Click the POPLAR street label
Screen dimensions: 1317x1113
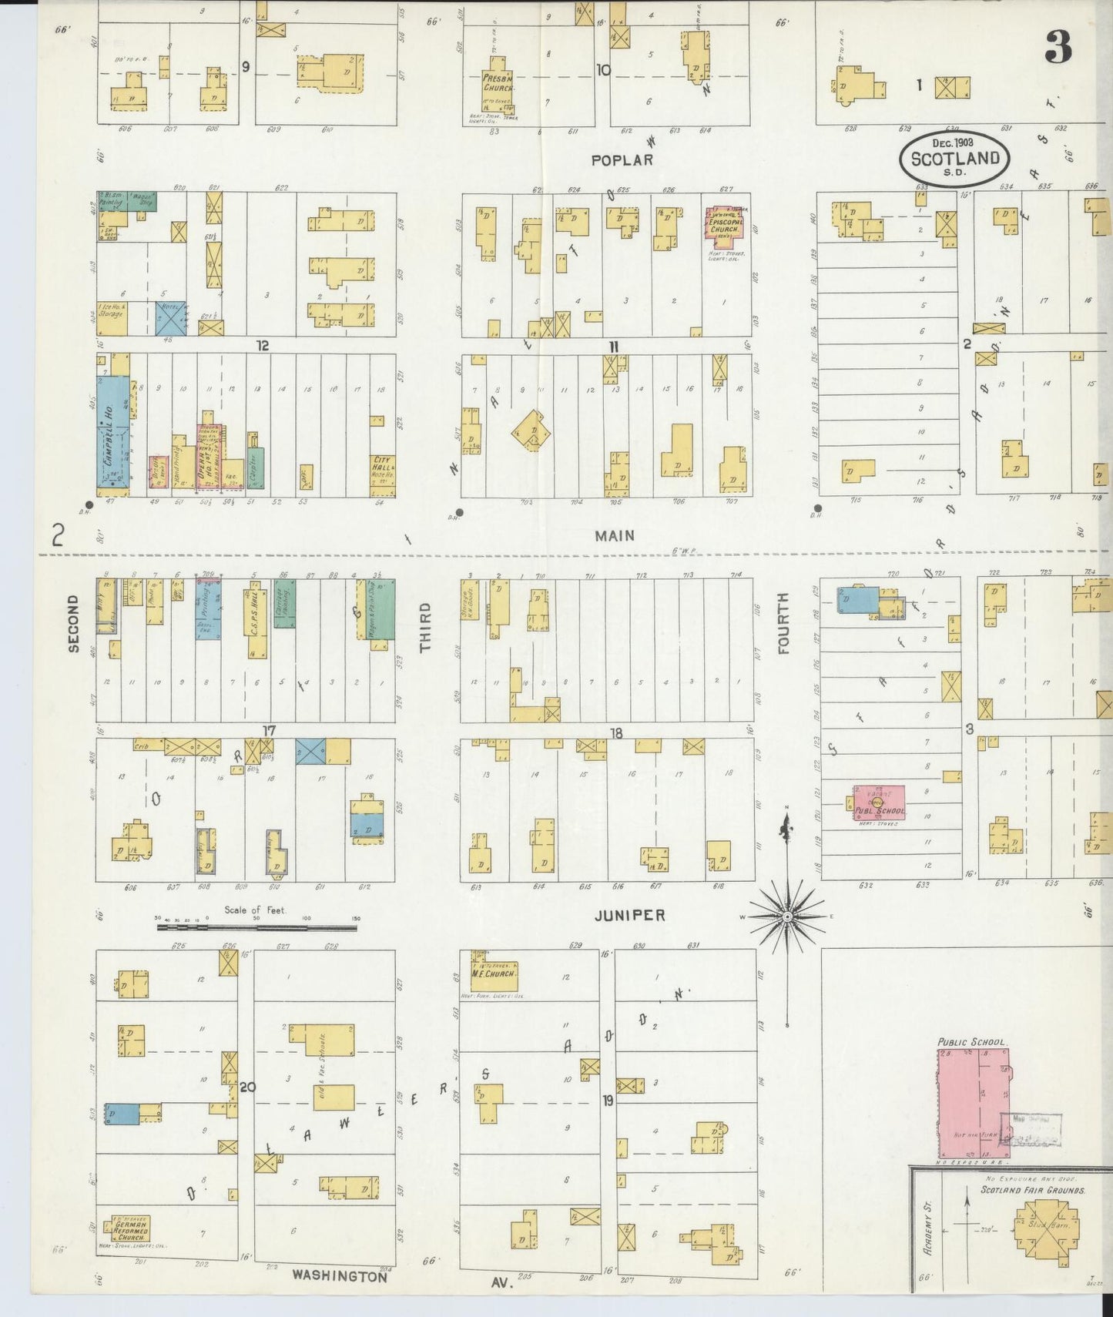(622, 160)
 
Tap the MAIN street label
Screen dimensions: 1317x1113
(614, 535)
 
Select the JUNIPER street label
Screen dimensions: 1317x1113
(629, 916)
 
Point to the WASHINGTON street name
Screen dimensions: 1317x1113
(339, 1276)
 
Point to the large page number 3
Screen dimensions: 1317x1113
(1058, 49)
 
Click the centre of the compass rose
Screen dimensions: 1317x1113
(786, 917)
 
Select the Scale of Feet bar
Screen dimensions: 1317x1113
(256, 927)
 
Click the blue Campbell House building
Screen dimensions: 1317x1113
(112, 435)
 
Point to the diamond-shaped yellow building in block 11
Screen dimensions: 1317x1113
(531, 431)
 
